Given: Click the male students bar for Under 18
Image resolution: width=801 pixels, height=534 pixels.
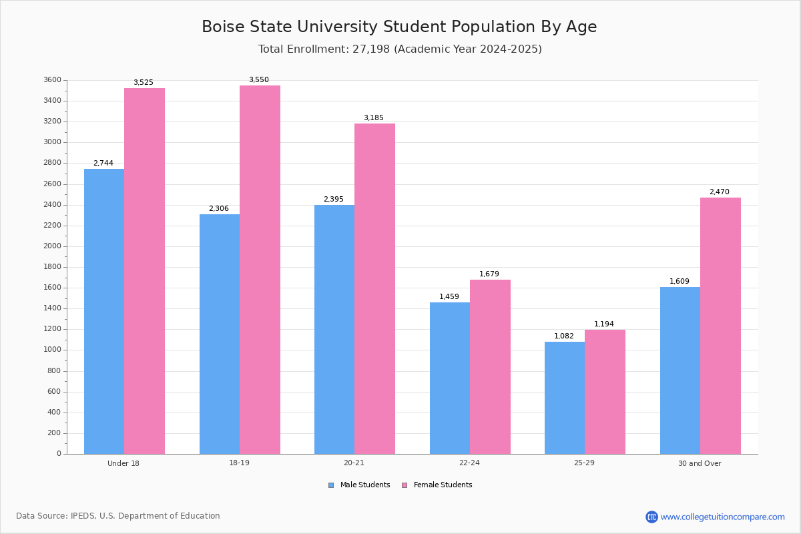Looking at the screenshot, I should coord(104,311).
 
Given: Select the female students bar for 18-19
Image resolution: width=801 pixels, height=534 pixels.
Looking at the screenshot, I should coord(260,270).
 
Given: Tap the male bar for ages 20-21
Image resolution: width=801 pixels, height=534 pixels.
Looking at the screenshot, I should coord(334,329).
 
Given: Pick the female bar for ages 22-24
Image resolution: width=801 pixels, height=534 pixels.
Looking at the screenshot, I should coord(490,366).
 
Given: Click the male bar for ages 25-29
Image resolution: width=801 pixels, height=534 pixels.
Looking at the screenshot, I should coord(565,398).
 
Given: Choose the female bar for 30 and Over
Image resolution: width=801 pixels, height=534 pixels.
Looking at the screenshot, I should coord(720,326).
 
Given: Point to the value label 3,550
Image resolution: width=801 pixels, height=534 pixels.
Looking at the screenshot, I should coord(259,80).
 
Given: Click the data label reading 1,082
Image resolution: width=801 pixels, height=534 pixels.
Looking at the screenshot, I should coord(564,336).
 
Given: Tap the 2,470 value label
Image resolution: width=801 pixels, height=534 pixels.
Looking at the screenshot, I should coord(719,192).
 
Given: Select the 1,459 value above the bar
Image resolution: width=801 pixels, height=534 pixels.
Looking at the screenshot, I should coord(449,297).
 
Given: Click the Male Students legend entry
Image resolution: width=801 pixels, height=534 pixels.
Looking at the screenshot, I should coord(364,485).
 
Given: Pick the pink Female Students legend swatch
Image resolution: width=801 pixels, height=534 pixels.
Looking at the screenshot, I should coord(405,485).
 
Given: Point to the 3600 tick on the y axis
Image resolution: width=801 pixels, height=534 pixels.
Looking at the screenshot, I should coord(52,80).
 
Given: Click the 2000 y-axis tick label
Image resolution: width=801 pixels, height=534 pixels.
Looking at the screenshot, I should coord(52,246).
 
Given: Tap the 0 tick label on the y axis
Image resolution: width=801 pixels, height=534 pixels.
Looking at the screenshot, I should coord(59,454).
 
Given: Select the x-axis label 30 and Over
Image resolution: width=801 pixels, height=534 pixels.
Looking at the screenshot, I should coord(700,463).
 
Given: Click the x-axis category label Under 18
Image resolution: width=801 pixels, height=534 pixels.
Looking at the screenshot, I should coord(123,463).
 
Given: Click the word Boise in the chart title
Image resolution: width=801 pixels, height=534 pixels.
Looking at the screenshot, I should coord(224,27).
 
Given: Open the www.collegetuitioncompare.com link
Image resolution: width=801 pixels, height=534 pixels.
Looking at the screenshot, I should coord(722,517).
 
